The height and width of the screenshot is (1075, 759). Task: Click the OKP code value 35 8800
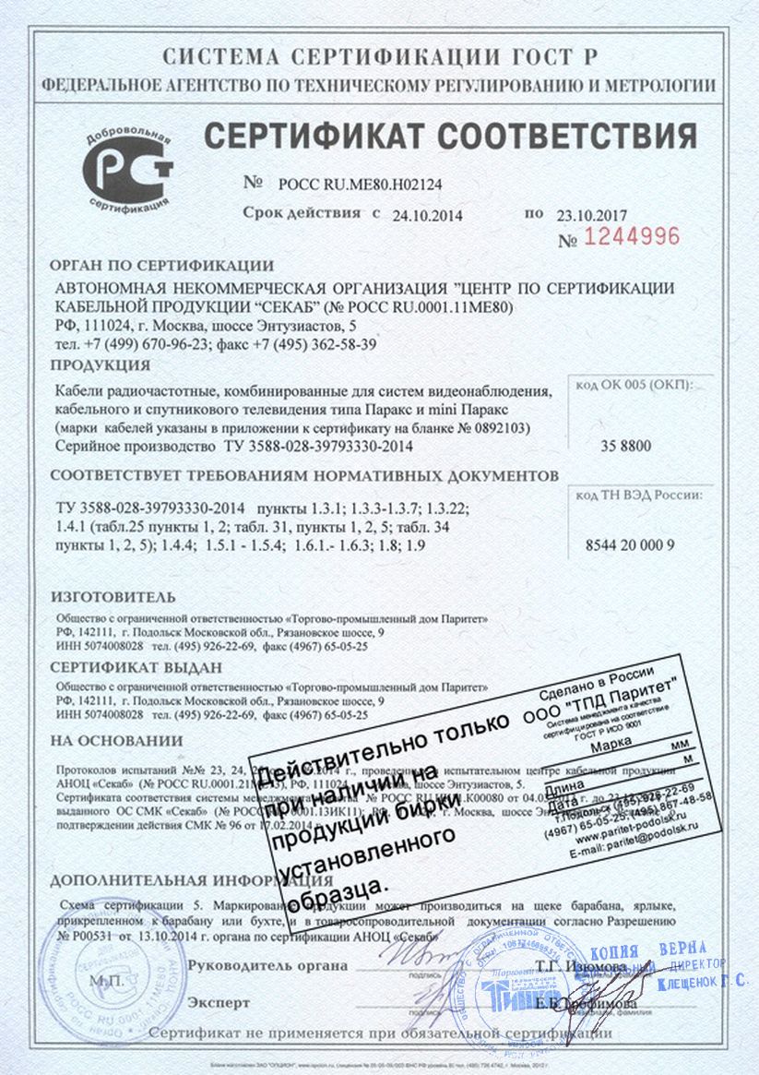click(x=625, y=447)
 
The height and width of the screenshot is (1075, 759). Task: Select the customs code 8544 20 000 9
click(x=630, y=544)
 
